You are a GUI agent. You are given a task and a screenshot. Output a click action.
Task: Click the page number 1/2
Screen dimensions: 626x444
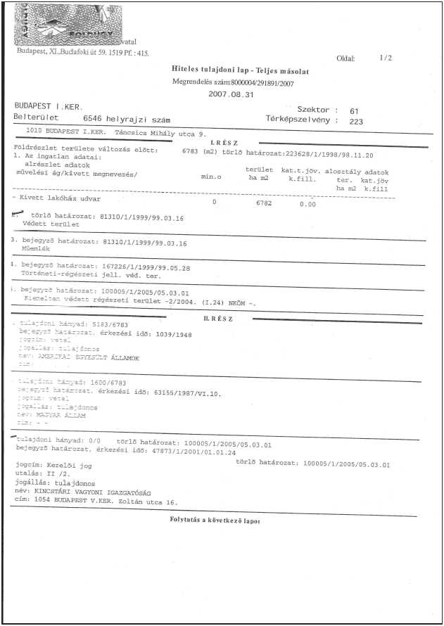(x=385, y=58)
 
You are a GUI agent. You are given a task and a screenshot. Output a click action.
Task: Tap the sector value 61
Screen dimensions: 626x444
(x=354, y=110)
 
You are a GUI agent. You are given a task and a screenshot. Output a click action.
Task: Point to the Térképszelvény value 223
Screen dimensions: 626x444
(x=356, y=120)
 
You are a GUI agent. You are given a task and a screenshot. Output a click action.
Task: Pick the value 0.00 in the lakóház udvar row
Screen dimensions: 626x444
(x=307, y=203)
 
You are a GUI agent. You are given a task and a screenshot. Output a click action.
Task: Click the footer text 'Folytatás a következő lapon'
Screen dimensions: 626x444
(x=215, y=520)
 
